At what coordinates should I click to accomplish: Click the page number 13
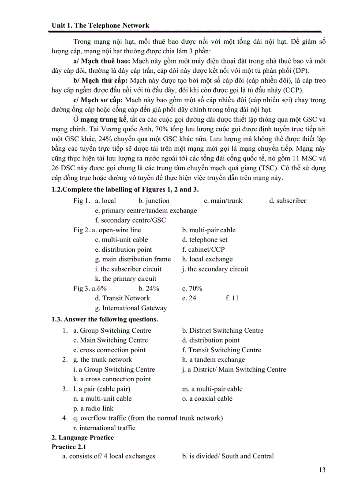tap(322, 470)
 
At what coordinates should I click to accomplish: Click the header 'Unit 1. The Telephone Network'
tap(100, 26)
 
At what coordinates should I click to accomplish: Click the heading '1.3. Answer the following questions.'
tap(105, 319)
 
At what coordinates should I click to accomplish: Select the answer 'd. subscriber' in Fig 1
tap(288, 201)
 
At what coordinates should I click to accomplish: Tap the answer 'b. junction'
tap(154, 201)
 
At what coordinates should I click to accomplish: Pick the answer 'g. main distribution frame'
tap(133, 259)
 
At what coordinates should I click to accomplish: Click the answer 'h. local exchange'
tap(207, 259)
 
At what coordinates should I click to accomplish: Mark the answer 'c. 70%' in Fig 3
tap(192, 288)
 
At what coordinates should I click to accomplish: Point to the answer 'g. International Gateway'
tap(131, 308)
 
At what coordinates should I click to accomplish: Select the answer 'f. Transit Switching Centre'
tap(221, 350)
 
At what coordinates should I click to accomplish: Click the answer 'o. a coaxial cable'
tap(207, 398)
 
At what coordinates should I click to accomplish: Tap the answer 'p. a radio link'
tap(93, 409)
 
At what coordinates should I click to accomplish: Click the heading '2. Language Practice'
tap(82, 438)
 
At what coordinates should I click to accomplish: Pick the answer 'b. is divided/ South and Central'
tap(228, 456)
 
